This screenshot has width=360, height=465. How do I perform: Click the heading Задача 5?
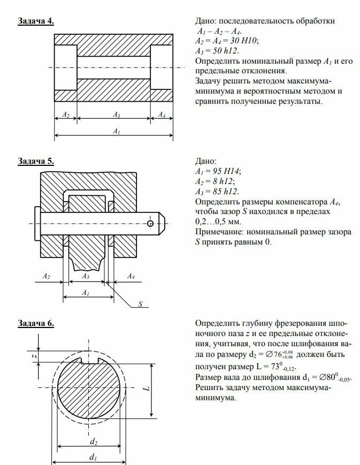point(35,161)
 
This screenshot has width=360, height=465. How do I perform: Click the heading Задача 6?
point(35,323)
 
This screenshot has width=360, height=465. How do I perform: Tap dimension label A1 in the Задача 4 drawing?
point(116,131)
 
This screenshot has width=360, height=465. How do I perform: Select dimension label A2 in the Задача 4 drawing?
point(66,115)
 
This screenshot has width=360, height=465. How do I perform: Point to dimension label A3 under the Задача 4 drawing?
point(116,115)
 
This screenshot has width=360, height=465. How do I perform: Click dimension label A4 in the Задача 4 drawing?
point(162,115)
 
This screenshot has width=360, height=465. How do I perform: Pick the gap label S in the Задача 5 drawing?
point(140,304)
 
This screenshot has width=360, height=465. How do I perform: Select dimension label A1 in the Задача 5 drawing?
point(85,292)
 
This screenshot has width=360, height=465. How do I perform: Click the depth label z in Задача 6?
point(34,355)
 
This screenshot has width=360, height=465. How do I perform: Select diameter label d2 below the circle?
point(93,441)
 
